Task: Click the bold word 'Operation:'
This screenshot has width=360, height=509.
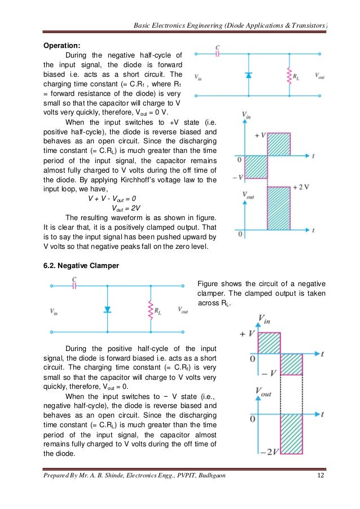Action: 62,45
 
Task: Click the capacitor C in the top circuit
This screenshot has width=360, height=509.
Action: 218,54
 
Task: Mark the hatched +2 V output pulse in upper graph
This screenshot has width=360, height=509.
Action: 278,210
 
